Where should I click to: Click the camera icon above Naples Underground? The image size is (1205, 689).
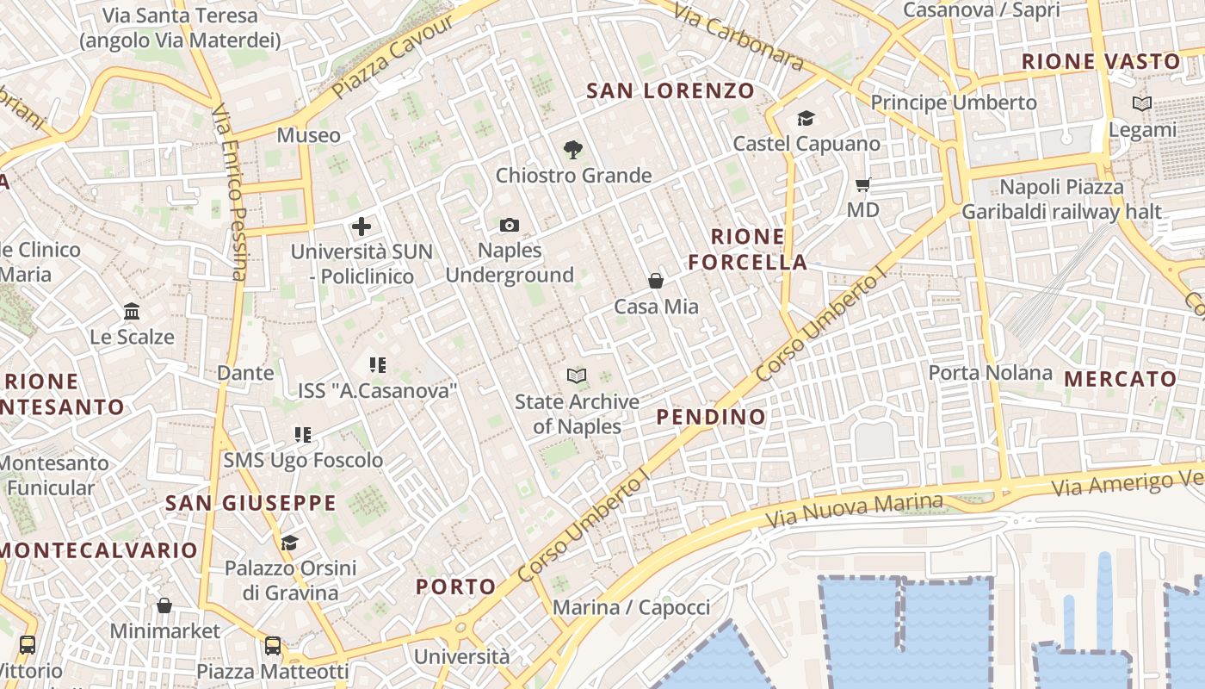[x=510, y=226]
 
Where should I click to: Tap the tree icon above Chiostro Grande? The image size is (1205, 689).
[x=572, y=150]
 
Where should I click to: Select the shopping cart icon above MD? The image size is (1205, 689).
[x=863, y=184]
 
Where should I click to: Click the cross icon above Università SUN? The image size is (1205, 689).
[x=361, y=227]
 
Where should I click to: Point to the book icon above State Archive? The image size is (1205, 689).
[x=577, y=376]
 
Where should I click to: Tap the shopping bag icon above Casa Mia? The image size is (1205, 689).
[x=656, y=281]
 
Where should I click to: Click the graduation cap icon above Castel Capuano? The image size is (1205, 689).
[x=806, y=118]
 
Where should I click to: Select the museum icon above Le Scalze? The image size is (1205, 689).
[x=132, y=311]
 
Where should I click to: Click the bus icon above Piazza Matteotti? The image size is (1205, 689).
[x=273, y=645]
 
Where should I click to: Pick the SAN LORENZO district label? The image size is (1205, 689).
[x=670, y=90]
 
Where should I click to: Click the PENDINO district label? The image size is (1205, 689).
[x=711, y=417]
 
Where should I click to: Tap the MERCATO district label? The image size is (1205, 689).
[x=1120, y=379]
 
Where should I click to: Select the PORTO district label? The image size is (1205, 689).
[x=456, y=587]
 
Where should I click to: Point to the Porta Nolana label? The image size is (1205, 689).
[x=990, y=373]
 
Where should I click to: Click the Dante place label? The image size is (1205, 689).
[x=245, y=373]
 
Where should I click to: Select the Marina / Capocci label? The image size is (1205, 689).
[x=631, y=607]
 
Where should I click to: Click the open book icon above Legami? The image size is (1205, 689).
[x=1142, y=104]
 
